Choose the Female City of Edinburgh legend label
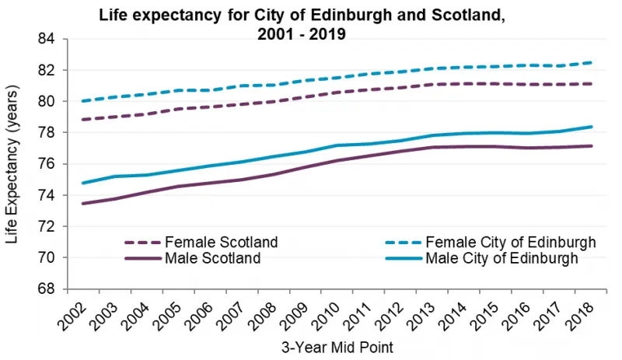(507, 243)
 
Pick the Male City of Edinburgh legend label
(501, 258)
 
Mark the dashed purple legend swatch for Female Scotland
(143, 243)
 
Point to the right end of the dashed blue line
(592, 62)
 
